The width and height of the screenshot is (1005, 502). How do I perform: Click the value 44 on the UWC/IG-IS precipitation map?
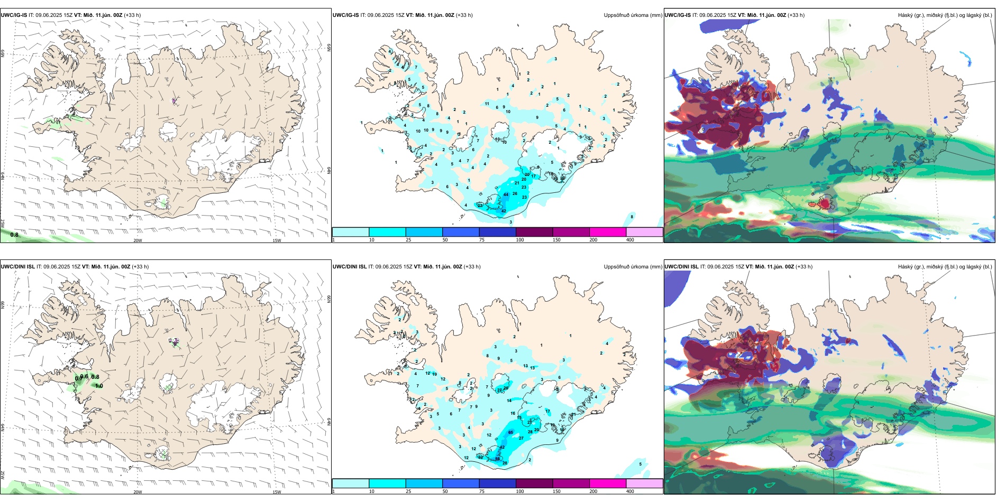pyautogui.click(x=506, y=194)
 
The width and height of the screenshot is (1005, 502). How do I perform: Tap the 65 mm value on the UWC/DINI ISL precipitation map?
pyautogui.click(x=510, y=432)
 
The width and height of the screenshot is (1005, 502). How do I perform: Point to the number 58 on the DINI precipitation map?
pyautogui.click(x=497, y=459)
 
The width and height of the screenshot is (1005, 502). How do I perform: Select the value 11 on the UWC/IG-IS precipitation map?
pyautogui.click(x=487, y=104)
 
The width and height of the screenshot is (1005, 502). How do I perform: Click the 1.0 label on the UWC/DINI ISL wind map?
pyautogui.click(x=99, y=386)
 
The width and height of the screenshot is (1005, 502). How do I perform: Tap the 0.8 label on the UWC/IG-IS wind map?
pyautogui.click(x=14, y=235)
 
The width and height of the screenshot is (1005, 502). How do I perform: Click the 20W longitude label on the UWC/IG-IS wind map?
pyautogui.click(x=138, y=240)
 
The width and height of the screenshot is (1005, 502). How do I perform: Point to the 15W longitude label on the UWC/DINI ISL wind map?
pyautogui.click(x=277, y=492)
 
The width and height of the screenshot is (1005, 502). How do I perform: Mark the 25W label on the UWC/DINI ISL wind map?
pyautogui.click(x=3, y=475)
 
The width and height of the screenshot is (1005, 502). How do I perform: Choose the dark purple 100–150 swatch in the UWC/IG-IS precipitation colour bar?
pyautogui.click(x=534, y=232)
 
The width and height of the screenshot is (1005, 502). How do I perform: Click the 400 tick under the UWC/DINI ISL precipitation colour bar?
pyautogui.click(x=630, y=491)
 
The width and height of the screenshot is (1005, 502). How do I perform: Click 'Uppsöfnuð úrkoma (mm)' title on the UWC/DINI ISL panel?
pyautogui.click(x=633, y=267)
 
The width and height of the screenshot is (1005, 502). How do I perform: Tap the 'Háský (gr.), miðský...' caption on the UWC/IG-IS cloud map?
pyautogui.click(x=945, y=15)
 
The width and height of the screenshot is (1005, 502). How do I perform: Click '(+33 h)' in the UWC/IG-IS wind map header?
pyautogui.click(x=132, y=15)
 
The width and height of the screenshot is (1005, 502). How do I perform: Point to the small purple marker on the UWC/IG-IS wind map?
pyautogui.click(x=174, y=100)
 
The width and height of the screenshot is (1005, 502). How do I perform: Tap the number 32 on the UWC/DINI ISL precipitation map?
pyautogui.click(x=480, y=457)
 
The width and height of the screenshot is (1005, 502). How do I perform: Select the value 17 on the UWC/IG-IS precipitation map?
pyautogui.click(x=534, y=176)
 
